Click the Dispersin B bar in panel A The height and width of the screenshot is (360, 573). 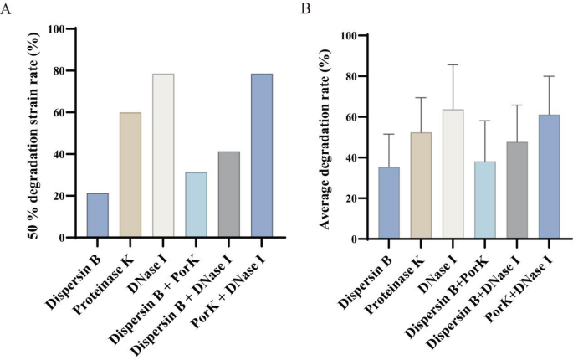pyautogui.click(x=97, y=215)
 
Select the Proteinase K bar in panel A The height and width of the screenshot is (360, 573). pyautogui.click(x=130, y=175)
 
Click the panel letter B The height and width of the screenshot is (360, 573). pyautogui.click(x=305, y=8)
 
